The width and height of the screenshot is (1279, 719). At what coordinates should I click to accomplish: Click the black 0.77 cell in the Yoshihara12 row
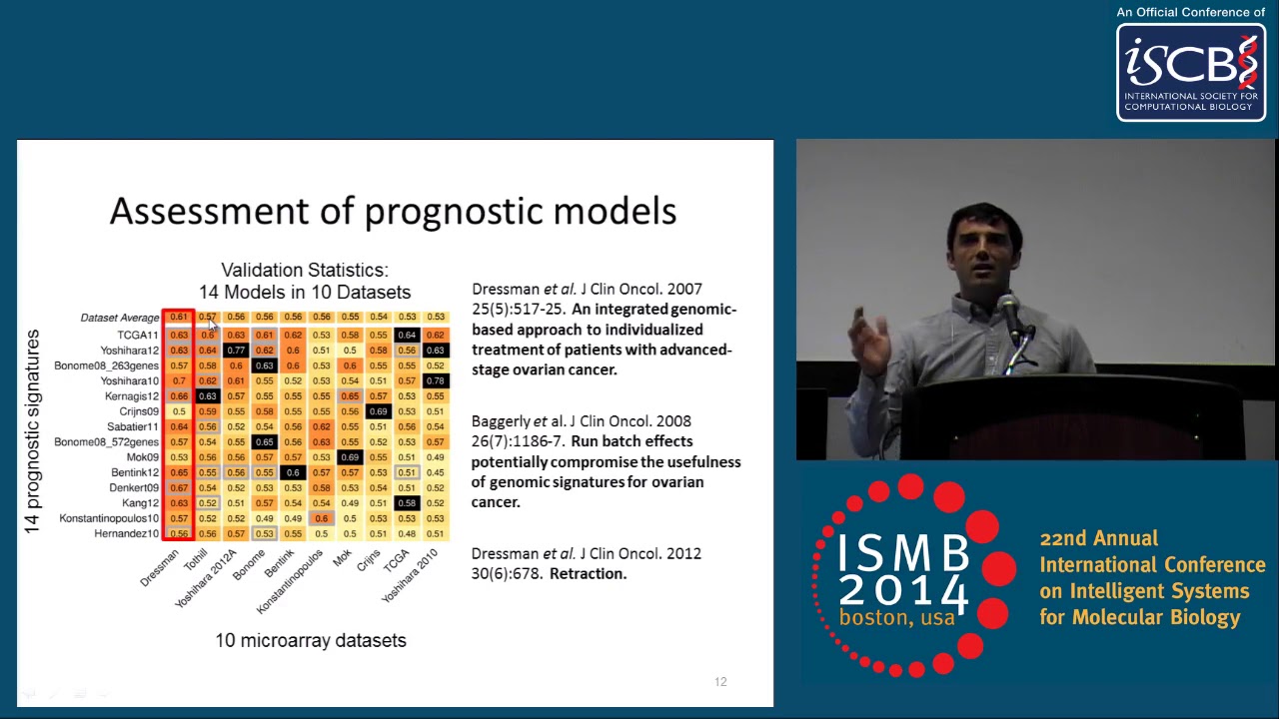(x=236, y=351)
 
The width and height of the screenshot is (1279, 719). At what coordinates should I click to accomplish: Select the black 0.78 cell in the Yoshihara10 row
(x=435, y=380)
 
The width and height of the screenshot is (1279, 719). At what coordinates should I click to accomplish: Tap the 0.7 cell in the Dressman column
(x=179, y=380)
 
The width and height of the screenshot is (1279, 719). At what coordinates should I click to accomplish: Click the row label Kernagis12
(x=132, y=396)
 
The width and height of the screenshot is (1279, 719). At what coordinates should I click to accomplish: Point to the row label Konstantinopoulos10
(x=109, y=518)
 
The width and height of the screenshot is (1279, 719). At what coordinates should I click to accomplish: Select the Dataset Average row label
(x=120, y=318)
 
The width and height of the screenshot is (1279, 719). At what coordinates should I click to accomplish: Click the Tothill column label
(x=196, y=558)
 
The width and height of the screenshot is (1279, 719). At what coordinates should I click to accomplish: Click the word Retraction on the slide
(x=588, y=573)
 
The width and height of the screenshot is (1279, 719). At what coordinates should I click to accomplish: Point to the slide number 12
(x=720, y=682)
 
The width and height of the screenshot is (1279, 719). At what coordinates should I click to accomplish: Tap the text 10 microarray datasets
(x=311, y=640)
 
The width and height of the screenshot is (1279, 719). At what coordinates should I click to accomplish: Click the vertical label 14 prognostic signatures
(x=33, y=431)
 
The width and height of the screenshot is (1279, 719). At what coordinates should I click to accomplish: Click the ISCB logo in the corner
(x=1191, y=72)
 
